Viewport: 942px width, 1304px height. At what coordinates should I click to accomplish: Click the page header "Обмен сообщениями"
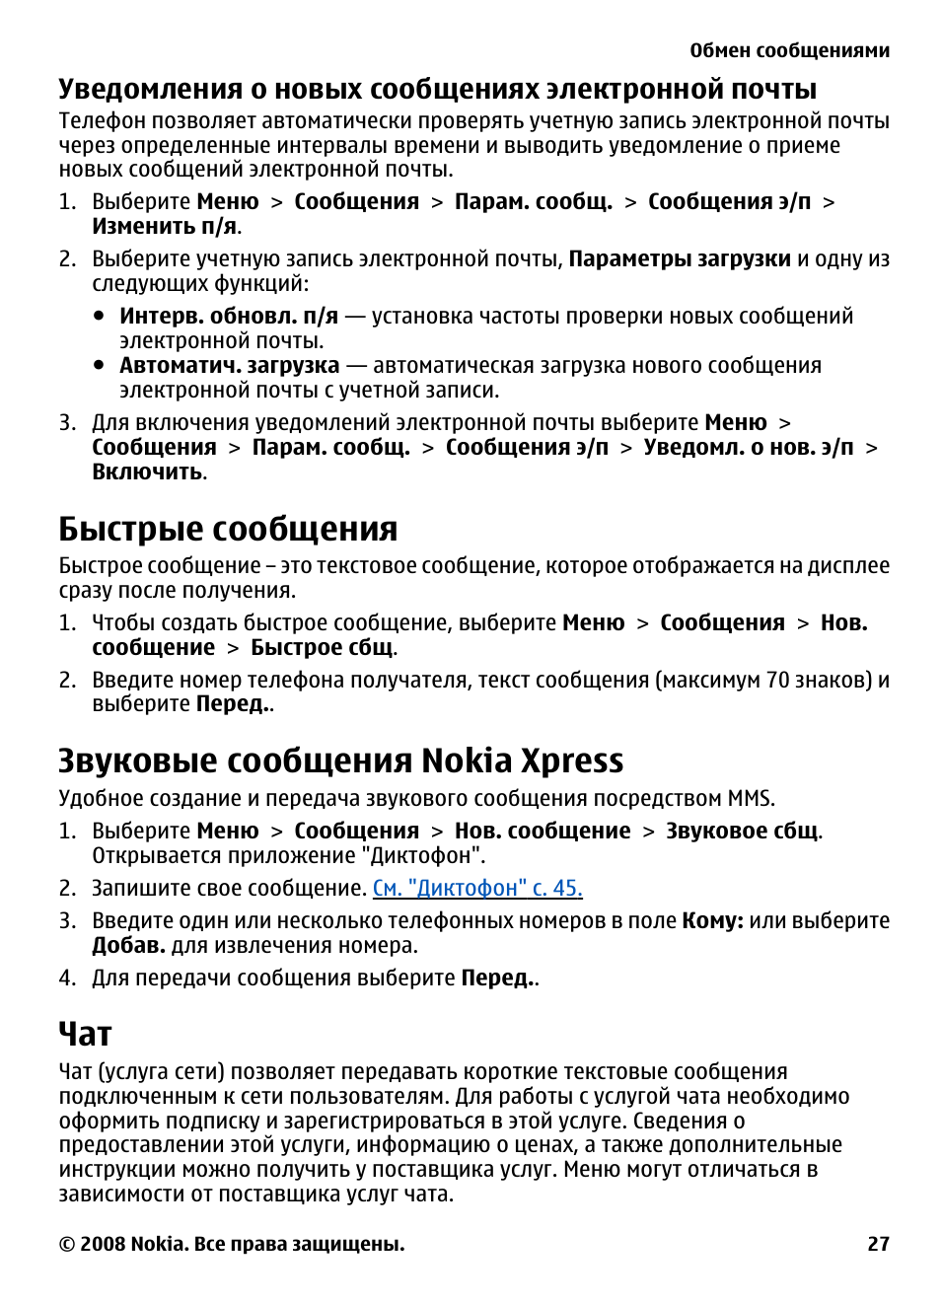coord(789,50)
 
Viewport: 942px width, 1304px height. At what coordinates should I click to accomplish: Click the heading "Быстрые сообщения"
coord(228,529)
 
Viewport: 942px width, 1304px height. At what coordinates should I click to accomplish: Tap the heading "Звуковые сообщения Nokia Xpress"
coord(340,761)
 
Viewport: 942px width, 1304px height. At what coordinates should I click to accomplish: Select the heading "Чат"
coord(85,1034)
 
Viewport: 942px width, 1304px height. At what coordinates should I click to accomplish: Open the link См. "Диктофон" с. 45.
coord(477,888)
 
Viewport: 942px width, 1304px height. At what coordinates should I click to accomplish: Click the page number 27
coord(878,1244)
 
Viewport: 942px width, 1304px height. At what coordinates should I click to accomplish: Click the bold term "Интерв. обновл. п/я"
coord(229,316)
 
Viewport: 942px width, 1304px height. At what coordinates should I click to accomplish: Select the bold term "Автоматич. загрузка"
coord(229,365)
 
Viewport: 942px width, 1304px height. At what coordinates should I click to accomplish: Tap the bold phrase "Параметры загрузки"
coord(680,258)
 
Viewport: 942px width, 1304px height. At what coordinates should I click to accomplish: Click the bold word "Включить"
coord(148,471)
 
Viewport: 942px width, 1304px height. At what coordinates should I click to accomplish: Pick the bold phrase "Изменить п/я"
coord(165,226)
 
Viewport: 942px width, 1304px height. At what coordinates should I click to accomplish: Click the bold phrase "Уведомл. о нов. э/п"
coord(748,447)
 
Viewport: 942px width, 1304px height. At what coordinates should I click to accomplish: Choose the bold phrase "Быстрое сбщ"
coord(322,647)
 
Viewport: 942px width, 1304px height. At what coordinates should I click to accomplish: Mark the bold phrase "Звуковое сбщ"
coord(742,831)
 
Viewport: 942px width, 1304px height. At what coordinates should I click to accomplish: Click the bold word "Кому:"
coord(712,920)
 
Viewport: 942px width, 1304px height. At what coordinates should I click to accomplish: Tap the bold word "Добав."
coord(128,945)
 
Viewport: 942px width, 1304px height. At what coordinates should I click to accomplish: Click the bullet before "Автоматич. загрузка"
coord(99,364)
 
